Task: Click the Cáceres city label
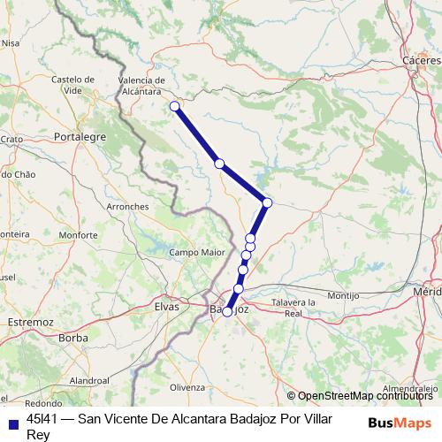(x=421, y=59)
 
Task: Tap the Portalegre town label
(x=80, y=137)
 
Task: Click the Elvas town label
(x=166, y=306)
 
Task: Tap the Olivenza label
(x=187, y=387)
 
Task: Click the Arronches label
(x=127, y=206)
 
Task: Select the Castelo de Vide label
(x=72, y=85)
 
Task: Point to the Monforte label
(x=78, y=235)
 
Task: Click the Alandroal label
(x=88, y=379)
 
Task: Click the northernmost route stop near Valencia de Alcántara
(x=174, y=107)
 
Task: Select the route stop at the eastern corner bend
(x=267, y=203)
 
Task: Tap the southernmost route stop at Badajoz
(x=227, y=312)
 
